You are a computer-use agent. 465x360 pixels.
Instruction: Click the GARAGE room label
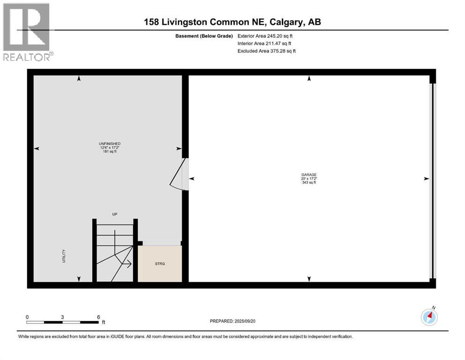309,174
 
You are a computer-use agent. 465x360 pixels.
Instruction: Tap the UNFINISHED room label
105,144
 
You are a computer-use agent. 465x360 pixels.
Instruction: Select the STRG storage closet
160,263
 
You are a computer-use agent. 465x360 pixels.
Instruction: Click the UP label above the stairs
114,214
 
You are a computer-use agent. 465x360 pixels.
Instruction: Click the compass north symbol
429,317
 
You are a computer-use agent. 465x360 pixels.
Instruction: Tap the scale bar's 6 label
98,317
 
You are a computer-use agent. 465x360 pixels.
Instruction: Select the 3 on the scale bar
62,317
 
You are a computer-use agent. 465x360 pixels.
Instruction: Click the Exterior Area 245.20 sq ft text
266,36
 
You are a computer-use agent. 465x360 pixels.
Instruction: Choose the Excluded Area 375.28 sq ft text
266,51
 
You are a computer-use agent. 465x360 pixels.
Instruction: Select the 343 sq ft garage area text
309,182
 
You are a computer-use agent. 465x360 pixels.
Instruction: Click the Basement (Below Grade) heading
207,36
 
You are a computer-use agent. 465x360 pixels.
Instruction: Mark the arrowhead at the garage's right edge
426,179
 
